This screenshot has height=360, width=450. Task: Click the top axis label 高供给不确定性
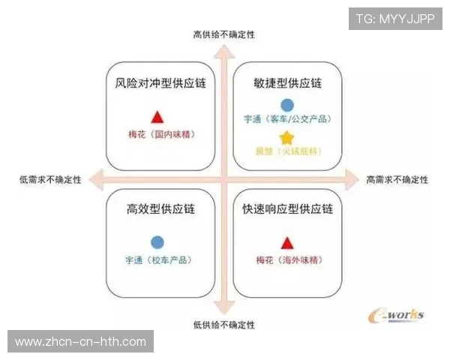point(223,34)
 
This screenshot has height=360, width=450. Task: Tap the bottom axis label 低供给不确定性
point(223,325)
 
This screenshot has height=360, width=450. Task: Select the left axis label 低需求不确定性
point(50,180)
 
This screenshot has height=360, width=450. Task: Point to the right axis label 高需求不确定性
point(397,180)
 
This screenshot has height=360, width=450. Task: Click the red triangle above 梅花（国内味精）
point(157,117)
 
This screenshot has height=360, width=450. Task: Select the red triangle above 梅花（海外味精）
point(286,242)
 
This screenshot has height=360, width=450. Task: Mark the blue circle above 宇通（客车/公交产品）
point(286,105)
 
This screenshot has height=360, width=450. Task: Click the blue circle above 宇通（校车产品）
point(157,242)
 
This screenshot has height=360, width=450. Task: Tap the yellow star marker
point(286,137)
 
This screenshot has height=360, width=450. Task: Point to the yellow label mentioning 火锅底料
point(287,151)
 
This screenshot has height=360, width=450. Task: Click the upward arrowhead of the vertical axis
point(223,50)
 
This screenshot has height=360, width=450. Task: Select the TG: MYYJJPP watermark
point(394,19)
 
